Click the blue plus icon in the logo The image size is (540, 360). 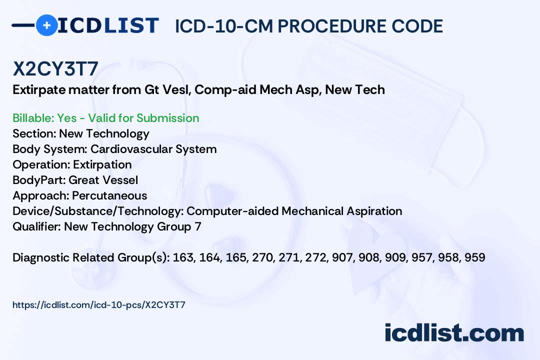[x=46, y=25]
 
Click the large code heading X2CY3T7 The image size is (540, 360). [x=55, y=68]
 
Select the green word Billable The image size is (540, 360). [x=32, y=118]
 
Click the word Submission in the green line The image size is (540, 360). [x=167, y=118]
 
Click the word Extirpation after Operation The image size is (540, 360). [x=102, y=165]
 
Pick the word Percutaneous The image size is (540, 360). [x=109, y=195]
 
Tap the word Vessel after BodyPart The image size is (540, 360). [x=120, y=180]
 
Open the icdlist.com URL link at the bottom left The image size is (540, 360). [x=99, y=305]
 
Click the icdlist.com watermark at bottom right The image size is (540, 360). [x=454, y=332]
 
